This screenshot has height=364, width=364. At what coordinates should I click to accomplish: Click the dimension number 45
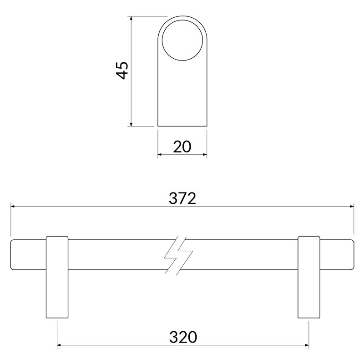(122, 71)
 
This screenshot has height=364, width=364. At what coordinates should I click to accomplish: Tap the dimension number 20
(182, 147)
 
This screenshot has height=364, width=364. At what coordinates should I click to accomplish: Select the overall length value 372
(182, 199)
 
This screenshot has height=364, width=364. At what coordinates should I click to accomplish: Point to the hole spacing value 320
(183, 337)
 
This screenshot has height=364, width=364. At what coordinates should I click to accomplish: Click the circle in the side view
(182, 20)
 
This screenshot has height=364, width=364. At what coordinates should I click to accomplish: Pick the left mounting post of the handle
(57, 277)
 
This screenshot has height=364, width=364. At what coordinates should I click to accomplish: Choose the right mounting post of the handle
(309, 277)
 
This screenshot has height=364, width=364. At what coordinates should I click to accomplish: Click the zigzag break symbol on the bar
(178, 255)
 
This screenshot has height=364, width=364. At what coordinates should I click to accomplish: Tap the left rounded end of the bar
(11, 255)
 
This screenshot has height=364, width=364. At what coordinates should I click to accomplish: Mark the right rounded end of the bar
(354, 255)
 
